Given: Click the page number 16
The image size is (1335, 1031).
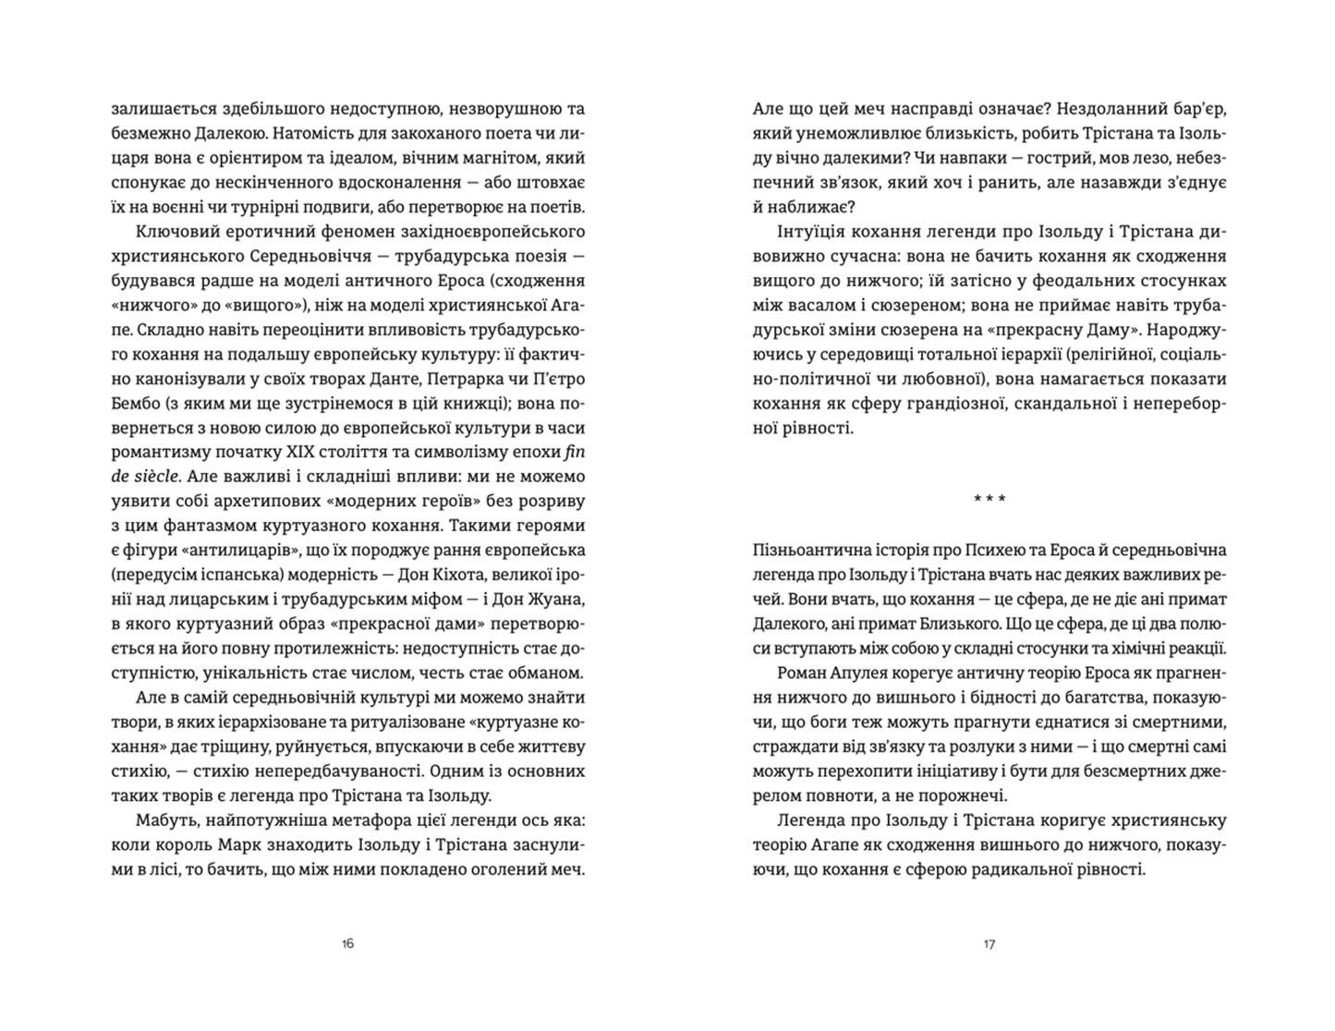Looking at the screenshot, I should point(347,943).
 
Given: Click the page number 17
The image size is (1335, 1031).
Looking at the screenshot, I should point(989,943).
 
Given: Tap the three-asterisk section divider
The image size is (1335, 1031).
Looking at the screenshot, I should point(989,500).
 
